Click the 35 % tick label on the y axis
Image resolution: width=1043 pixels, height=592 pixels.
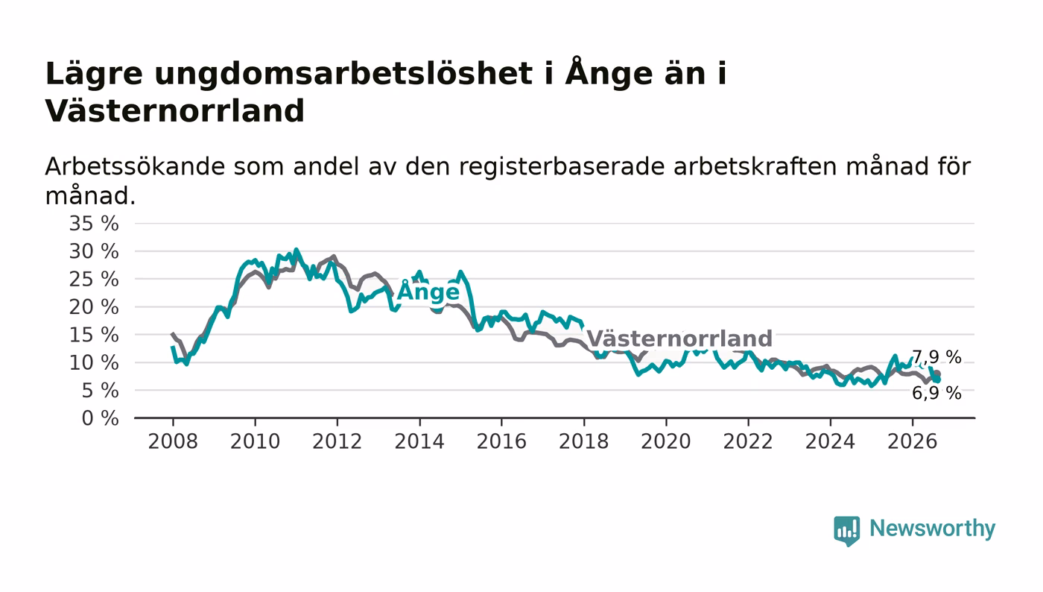click(94, 224)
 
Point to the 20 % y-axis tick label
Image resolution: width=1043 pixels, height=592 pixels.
click(94, 307)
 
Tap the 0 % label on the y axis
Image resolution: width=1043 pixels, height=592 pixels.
click(100, 418)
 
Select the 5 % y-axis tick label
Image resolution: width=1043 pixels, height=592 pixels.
click(100, 391)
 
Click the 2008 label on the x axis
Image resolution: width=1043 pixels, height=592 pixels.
click(173, 441)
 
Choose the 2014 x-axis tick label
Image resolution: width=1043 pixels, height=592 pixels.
click(419, 441)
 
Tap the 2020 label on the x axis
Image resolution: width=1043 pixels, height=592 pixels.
click(666, 441)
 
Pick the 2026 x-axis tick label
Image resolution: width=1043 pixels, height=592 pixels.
click(912, 441)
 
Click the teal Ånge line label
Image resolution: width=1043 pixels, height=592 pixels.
click(428, 291)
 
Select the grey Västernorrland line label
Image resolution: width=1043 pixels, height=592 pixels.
click(679, 338)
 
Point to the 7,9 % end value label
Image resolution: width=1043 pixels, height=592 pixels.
click(936, 358)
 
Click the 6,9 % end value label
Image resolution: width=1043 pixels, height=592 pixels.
click(936, 394)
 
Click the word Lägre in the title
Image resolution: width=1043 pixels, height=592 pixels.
click(94, 74)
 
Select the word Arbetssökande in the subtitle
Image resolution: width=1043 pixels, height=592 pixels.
click(135, 167)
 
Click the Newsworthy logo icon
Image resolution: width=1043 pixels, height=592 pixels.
click(846, 530)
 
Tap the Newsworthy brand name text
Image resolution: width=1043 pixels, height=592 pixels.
click(932, 529)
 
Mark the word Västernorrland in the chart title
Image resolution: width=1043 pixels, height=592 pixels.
click(174, 111)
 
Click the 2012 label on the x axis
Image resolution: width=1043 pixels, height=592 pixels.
click(337, 441)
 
